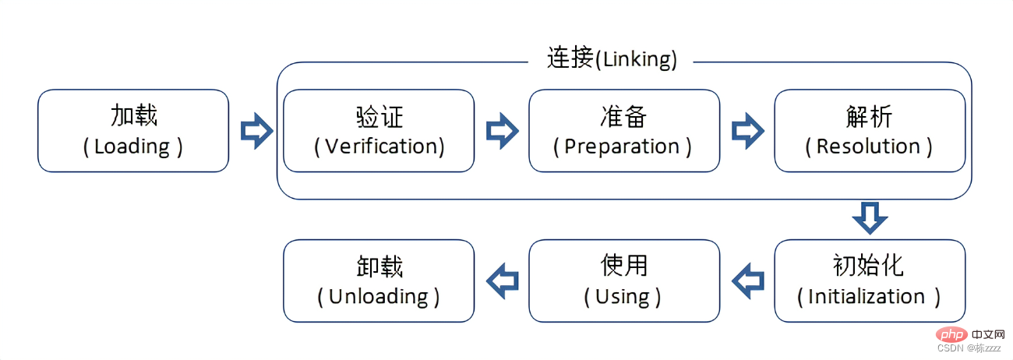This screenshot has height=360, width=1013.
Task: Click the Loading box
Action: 133,131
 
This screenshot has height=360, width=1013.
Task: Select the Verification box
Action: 379,131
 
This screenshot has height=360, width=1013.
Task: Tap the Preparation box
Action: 624,131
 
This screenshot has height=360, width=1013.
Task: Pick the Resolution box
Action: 870,131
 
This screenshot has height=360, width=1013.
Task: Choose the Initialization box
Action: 870,281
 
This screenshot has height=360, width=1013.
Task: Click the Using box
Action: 624,281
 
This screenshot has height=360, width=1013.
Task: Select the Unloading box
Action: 379,281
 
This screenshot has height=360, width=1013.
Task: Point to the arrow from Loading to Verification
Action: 256,130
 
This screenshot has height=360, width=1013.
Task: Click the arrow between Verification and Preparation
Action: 502,130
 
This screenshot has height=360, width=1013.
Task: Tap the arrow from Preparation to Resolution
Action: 747,130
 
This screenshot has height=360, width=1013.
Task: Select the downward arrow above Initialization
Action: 870,218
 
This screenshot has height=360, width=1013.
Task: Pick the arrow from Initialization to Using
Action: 747,280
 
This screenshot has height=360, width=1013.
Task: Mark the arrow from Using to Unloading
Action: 502,280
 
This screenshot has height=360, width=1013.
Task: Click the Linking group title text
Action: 612,59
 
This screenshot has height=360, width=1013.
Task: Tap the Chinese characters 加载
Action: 133,116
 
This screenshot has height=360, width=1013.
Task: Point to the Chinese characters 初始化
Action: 869,266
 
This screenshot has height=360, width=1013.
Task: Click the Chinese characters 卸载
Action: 379,266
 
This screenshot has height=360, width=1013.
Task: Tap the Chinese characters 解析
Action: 869,116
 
